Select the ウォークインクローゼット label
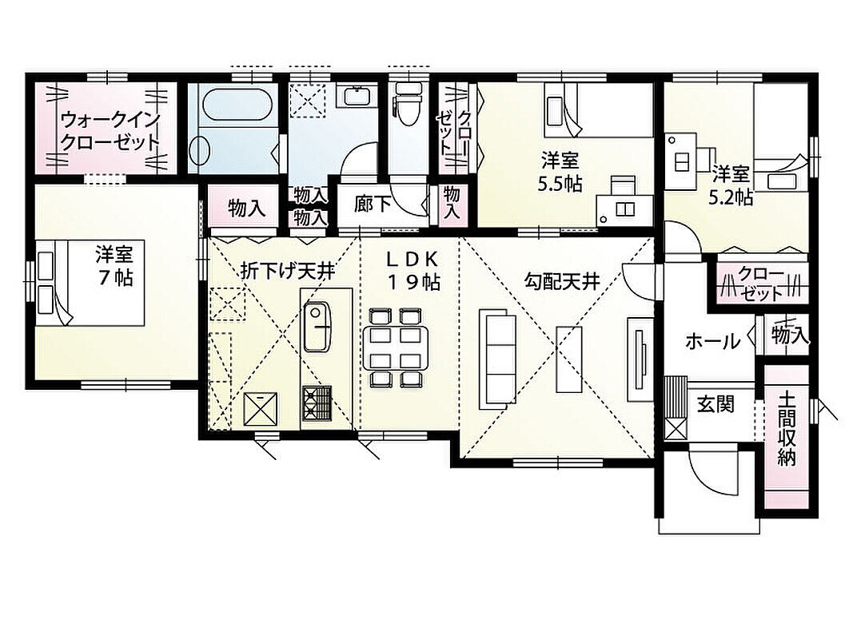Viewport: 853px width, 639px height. coord(110,131)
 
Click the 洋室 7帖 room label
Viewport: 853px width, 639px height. coord(114,266)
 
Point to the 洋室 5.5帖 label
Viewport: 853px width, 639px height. coord(560,173)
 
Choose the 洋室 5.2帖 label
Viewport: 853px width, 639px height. coord(731,186)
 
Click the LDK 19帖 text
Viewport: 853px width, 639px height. coord(413,271)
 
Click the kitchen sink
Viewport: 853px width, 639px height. coord(317,327)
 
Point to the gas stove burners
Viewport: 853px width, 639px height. coord(317,403)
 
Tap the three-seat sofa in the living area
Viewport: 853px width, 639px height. coord(497,359)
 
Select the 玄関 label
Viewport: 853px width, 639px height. coord(716,404)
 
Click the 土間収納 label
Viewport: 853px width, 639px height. coord(787,429)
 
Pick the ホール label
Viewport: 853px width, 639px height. coord(713,342)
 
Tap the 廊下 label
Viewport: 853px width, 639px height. coord(373,204)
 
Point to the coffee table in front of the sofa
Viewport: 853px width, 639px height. coord(569,359)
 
